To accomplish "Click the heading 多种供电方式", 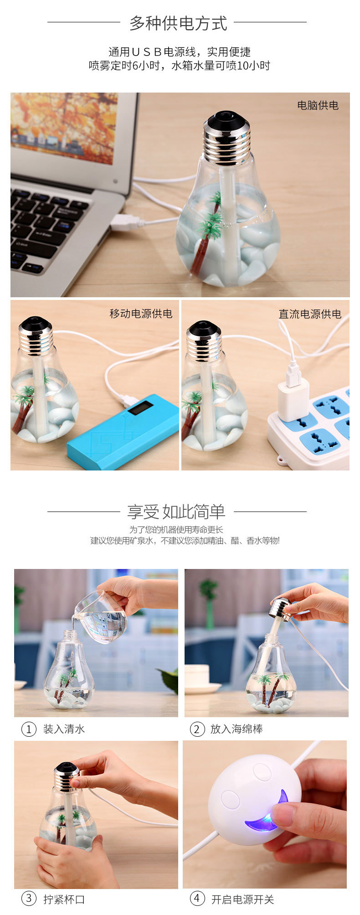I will click(178, 23).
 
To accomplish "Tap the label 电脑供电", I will click(318, 105).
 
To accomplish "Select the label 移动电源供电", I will click(141, 314).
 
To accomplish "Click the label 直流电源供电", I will click(310, 314).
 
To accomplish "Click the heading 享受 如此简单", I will click(176, 512).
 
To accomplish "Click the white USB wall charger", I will click(293, 398).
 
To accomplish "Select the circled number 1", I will click(29, 729).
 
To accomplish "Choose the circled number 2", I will click(197, 729).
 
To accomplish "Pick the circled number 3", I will click(29, 899).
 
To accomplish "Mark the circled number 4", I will click(197, 899).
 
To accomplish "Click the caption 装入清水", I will click(64, 729).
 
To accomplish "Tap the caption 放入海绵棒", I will click(237, 729).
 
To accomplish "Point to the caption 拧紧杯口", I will click(64, 899).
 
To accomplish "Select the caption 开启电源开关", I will click(242, 899).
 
